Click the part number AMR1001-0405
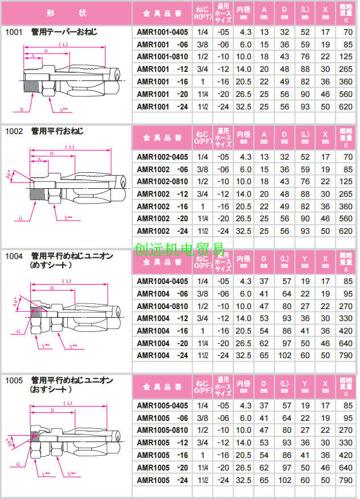162,33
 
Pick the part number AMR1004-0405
162,281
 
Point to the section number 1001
14,33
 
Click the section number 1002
14,131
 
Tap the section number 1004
14,256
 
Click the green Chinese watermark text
179,249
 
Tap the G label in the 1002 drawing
21,217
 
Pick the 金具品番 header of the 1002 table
162,138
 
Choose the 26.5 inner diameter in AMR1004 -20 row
244,343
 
